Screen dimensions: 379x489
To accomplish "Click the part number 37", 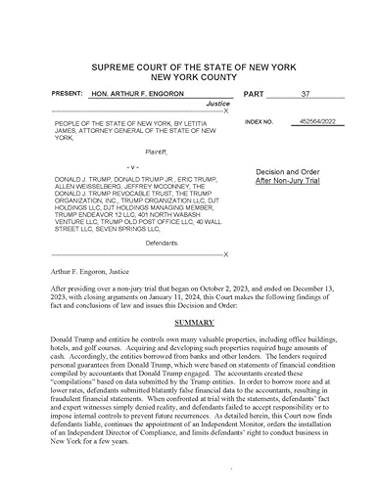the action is [x=306, y=94].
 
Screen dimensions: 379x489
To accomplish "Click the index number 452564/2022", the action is [x=312, y=123].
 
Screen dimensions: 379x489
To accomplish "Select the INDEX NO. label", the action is [x=260, y=123].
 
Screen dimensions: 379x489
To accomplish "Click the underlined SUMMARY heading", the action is [x=188, y=322].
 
